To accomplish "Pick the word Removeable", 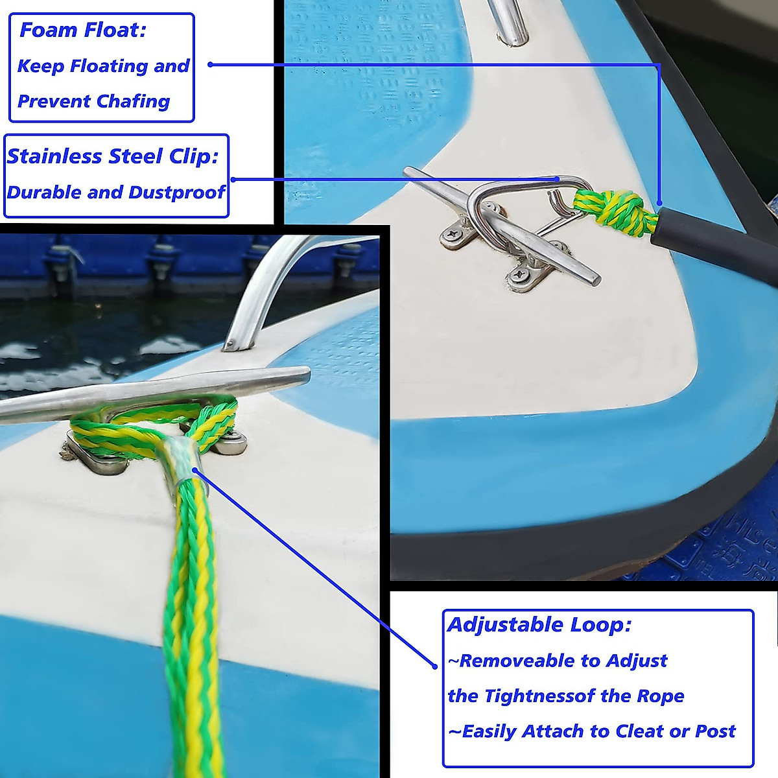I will [x=517, y=661].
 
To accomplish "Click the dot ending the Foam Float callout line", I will [x=211, y=64].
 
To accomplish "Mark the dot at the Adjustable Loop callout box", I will [x=435, y=666].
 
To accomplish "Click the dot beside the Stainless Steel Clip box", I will [x=233, y=180].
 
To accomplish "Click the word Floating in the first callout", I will [x=109, y=66].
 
